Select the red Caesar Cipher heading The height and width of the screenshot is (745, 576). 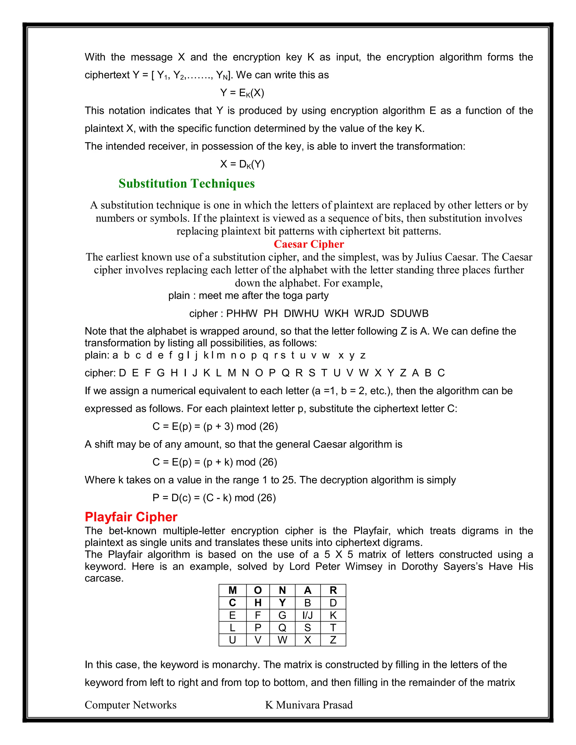pos(309,244)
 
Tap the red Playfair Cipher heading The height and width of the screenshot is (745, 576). pos(131,517)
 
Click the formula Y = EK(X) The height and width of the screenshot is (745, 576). pos(242,93)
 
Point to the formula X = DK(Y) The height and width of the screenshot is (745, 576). pos(242,164)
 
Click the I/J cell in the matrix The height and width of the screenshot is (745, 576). pos(307,615)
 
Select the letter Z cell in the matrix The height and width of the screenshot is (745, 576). pos(333,640)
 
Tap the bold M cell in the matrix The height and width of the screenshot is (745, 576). pos(232,590)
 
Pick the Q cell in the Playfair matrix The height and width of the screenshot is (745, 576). pos(282,628)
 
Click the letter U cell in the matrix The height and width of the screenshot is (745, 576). pos(232,640)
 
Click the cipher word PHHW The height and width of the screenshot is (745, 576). pos(242,313)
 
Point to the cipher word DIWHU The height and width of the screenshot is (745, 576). pos(301,313)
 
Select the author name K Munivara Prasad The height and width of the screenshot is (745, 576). pos(309,705)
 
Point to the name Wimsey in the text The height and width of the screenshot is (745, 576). pos(363,566)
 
